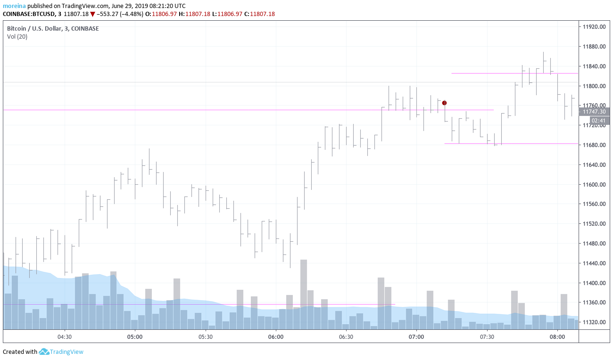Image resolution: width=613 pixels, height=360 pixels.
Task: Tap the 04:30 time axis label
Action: (x=65, y=337)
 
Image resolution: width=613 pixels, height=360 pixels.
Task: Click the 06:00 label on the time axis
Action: (x=275, y=337)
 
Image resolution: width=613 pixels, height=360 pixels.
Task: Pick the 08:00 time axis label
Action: (x=557, y=337)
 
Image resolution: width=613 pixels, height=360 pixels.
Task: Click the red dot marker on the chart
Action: (x=444, y=103)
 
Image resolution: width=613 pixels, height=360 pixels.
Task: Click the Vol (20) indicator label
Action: (x=17, y=37)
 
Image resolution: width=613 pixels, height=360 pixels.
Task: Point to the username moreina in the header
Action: (x=14, y=6)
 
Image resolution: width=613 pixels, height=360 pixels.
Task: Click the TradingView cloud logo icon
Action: (x=44, y=352)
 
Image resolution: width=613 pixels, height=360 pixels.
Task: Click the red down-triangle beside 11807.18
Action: (x=92, y=14)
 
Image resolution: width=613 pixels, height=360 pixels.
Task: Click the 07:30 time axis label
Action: (x=487, y=337)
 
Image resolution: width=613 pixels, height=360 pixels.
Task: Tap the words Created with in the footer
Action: (x=20, y=352)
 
